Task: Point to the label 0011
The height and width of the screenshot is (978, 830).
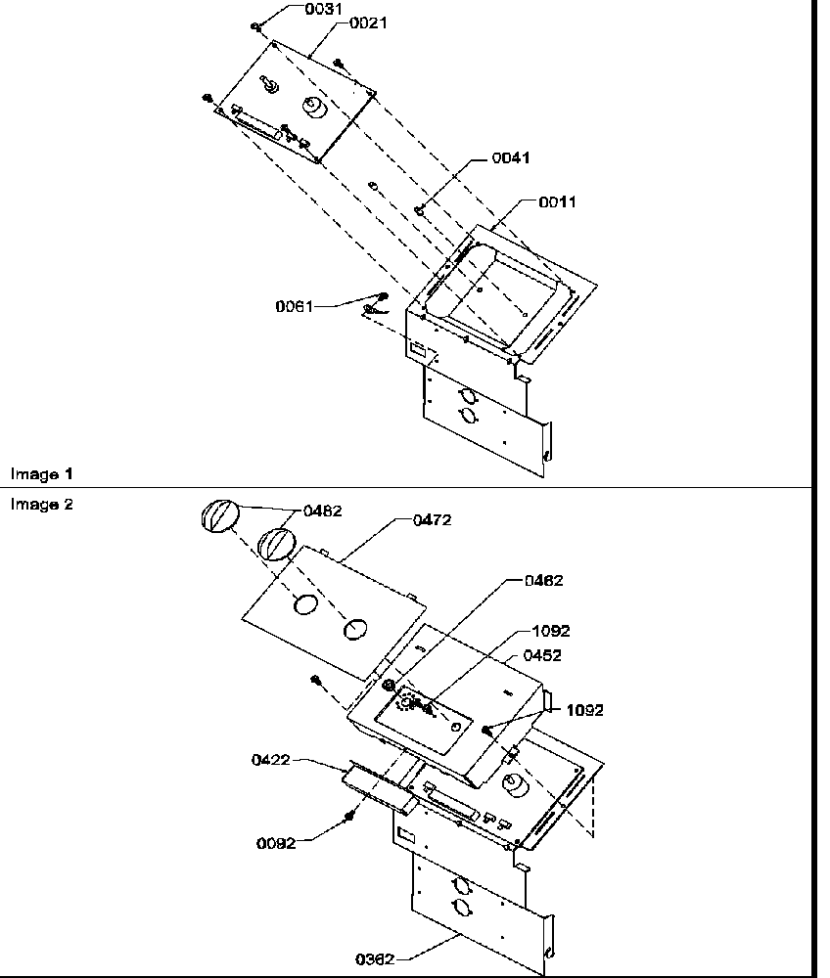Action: [x=557, y=202]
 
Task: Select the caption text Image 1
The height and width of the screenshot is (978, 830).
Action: [x=42, y=474]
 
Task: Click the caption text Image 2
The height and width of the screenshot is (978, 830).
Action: [x=42, y=505]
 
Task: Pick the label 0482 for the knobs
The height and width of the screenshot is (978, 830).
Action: [x=322, y=511]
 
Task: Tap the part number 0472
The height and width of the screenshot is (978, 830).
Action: [x=432, y=520]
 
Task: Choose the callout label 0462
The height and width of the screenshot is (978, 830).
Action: [x=544, y=581]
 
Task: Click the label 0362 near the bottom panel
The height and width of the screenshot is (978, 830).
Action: [x=376, y=959]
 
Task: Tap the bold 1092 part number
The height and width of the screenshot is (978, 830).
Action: [x=583, y=710]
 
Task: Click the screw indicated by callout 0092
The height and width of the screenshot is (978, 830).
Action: [x=347, y=815]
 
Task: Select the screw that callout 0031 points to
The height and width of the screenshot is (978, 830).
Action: [x=254, y=26]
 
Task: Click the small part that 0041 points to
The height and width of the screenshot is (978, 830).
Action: [x=419, y=207]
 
